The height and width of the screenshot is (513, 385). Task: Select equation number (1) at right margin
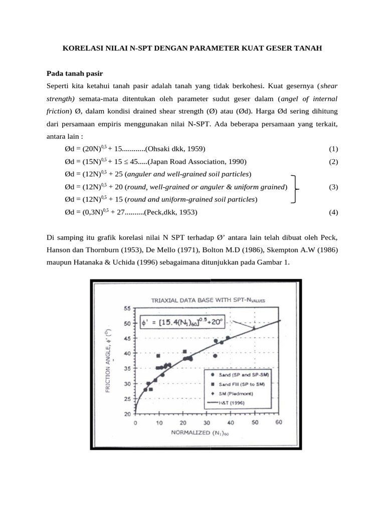[x=333, y=149]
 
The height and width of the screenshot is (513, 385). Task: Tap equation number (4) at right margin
[x=333, y=212]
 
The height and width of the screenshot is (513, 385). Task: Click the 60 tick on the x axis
[x=279, y=423]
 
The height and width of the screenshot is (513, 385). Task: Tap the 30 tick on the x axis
[x=207, y=423]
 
